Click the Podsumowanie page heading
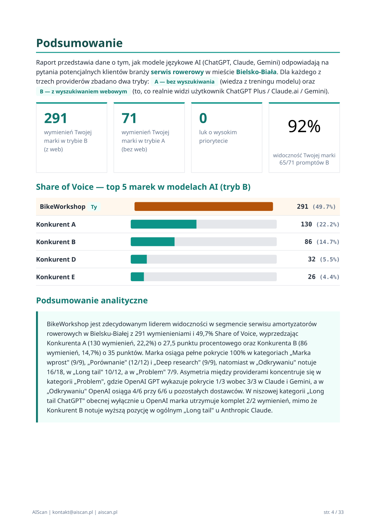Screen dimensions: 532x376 click(x=79, y=43)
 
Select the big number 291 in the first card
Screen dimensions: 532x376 click(x=55, y=118)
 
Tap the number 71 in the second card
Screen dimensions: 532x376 click(x=129, y=118)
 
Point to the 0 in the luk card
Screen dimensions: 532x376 click(x=203, y=118)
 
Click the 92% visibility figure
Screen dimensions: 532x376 click(x=304, y=126)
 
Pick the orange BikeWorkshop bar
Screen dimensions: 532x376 click(x=204, y=207)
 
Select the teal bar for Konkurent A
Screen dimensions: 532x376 click(x=163, y=224)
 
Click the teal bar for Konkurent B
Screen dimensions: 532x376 click(x=152, y=242)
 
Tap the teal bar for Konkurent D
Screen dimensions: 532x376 click(x=139, y=259)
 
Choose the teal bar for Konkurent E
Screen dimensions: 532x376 click(x=137, y=277)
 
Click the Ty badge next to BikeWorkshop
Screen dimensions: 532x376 click(x=94, y=207)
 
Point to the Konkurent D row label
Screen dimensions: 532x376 click(x=56, y=260)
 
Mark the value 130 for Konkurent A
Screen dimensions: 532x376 click(x=306, y=224)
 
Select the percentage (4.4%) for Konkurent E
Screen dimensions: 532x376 click(x=329, y=277)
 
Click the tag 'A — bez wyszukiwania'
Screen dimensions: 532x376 click(x=184, y=82)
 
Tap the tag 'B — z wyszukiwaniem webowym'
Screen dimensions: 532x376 click(x=83, y=92)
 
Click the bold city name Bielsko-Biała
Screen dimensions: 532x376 click(x=256, y=72)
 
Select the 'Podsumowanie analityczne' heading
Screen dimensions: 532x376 click(x=92, y=300)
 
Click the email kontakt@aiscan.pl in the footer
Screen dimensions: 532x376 click(x=72, y=512)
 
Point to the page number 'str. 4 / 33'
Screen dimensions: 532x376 click(x=333, y=512)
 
